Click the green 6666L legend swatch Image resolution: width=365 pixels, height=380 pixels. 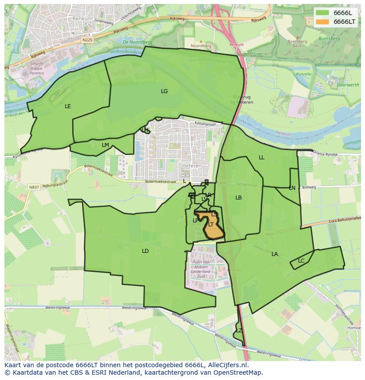pyautogui.click(x=323, y=13)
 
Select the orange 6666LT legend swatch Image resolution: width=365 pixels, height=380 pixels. pyautogui.click(x=323, y=22)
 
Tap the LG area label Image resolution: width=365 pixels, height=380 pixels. pyautogui.click(x=164, y=91)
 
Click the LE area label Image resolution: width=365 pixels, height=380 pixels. pyautogui.click(x=68, y=106)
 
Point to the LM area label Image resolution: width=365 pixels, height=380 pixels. pyautogui.click(x=105, y=145)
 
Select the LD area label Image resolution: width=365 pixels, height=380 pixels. pyautogui.click(x=145, y=251)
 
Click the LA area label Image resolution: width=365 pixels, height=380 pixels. pyautogui.click(x=275, y=254)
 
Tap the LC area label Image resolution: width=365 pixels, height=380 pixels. pyautogui.click(x=301, y=261)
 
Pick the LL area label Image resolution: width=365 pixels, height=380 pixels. pyautogui.click(x=261, y=158)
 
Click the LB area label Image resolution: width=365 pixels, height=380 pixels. pyautogui.click(x=238, y=198)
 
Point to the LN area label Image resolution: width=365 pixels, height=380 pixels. pyautogui.click(x=292, y=188)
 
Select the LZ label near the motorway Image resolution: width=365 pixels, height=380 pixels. pyautogui.click(x=239, y=330)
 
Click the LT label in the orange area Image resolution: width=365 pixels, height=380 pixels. pyautogui.click(x=211, y=225)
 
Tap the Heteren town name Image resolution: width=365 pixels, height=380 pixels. pyautogui.click(x=192, y=166)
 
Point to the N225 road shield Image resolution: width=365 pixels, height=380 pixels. pyautogui.click(x=87, y=39)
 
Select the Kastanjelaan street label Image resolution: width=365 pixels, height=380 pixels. pyautogui.click(x=206, y=124)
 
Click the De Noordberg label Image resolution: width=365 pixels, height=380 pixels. pyautogui.click(x=138, y=42)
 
